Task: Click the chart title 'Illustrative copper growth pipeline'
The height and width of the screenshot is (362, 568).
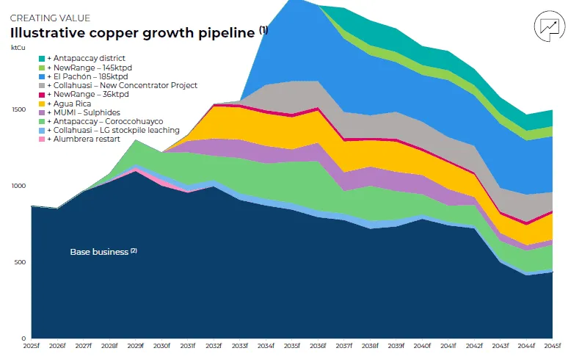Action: click(133, 33)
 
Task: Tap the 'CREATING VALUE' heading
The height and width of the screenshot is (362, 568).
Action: click(49, 18)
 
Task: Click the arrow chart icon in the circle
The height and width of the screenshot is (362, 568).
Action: click(548, 26)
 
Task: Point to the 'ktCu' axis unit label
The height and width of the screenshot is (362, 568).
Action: click(17, 48)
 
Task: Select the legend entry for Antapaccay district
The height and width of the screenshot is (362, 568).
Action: click(86, 58)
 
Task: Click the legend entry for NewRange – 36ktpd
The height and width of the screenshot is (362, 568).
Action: click(87, 95)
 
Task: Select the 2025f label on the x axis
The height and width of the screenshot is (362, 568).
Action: click(32, 346)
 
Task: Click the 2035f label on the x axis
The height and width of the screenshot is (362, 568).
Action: click(292, 346)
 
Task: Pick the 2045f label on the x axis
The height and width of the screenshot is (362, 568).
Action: click(552, 346)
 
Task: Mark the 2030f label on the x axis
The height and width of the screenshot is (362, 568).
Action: click(161, 346)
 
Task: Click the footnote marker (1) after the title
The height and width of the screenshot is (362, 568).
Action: click(263, 30)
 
